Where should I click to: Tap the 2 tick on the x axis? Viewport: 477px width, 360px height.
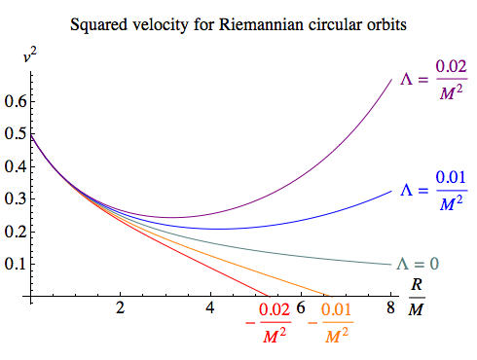coord(120,308)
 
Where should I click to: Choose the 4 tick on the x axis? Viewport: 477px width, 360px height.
coord(210,308)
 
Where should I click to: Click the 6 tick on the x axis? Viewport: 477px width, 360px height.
coord(301,308)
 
